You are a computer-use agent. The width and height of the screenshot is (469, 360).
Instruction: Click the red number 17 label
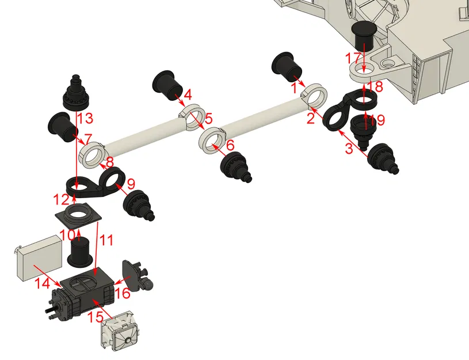[352, 58]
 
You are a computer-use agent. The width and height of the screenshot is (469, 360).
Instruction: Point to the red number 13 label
[85, 119]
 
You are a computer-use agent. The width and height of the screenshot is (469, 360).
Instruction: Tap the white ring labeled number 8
[92, 154]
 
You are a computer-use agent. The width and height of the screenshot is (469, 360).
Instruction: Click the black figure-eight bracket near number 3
[348, 109]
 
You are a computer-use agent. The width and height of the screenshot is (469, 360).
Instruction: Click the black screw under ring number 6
[236, 167]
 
